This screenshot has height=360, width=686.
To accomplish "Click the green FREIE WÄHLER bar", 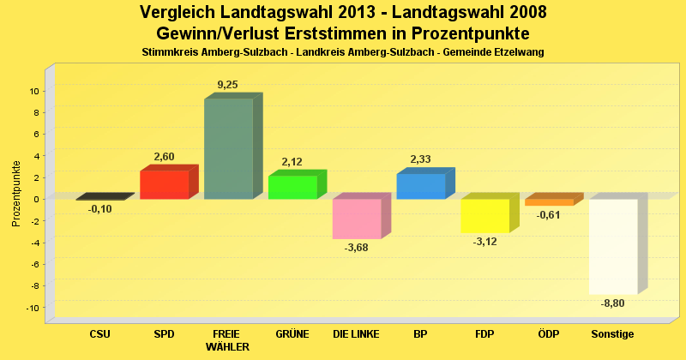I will click(228, 149).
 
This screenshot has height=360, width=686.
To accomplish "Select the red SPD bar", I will click(164, 184).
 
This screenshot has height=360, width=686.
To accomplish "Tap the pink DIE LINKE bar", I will click(357, 219).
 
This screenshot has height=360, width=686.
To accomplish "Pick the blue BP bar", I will click(420, 186).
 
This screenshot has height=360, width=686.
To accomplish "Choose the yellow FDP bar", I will click(484, 215).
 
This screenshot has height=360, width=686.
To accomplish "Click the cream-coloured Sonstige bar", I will click(613, 246).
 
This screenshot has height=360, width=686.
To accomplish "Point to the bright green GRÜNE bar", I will click(292, 187).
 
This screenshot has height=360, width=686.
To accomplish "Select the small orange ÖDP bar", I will click(549, 202).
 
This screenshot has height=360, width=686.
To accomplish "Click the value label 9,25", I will click(228, 84).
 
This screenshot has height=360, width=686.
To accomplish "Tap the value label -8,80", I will click(613, 303).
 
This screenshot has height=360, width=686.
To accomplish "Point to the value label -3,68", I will click(357, 249).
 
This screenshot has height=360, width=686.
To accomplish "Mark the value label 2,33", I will click(421, 159).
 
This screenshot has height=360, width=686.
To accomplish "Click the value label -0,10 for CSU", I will click(99, 209).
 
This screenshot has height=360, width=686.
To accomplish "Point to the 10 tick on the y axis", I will click(33, 91).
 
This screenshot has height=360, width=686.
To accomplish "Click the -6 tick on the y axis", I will click(33, 264).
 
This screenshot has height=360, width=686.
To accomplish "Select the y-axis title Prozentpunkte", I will click(16, 194).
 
